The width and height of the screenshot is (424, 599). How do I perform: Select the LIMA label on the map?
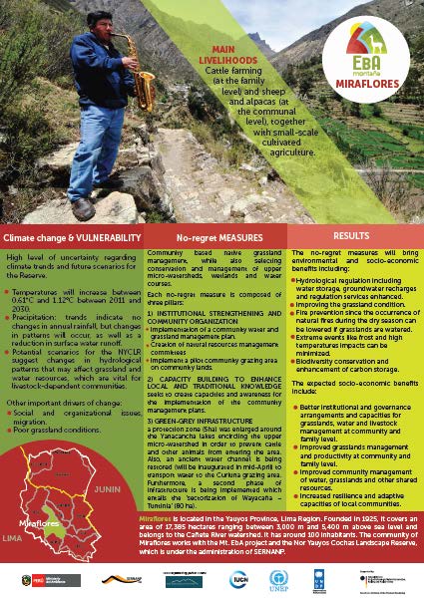[17, 536]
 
